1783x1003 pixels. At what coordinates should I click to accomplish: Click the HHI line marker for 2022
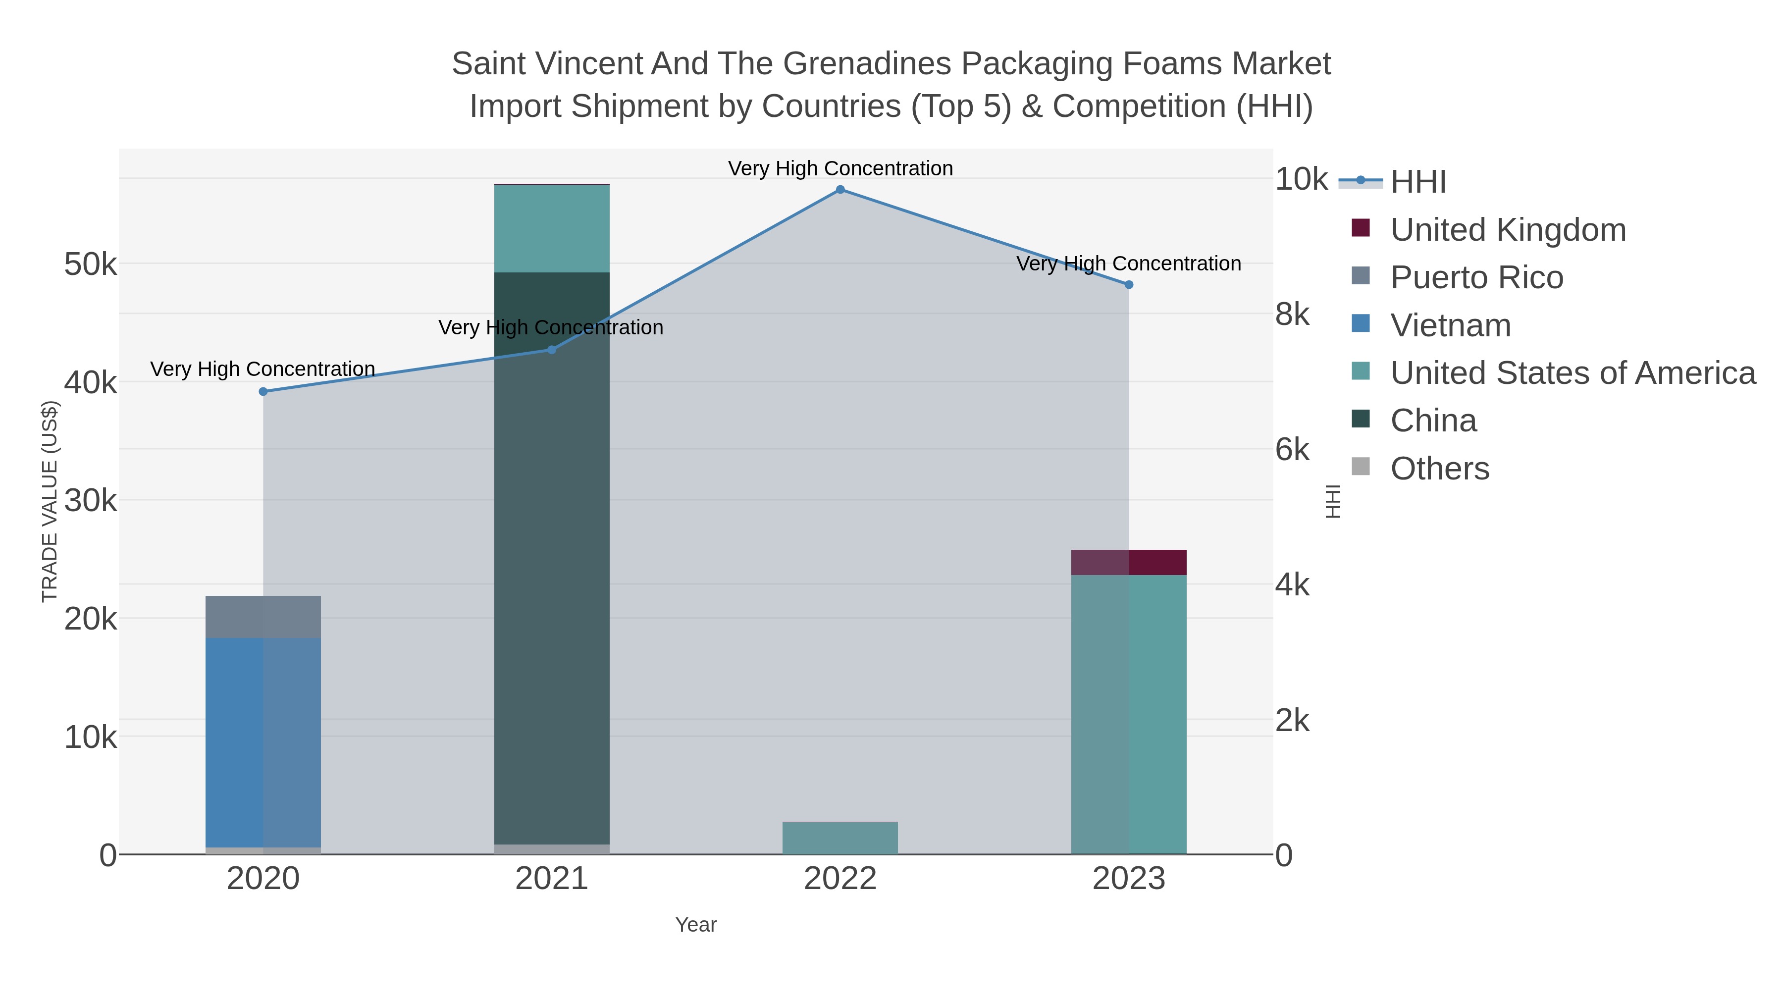pyautogui.click(x=840, y=190)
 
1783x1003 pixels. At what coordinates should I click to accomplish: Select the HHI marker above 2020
pyautogui.click(x=263, y=392)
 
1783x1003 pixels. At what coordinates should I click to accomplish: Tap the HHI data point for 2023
pyautogui.click(x=1129, y=284)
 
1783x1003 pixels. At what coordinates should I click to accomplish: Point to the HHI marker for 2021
pyautogui.click(x=552, y=350)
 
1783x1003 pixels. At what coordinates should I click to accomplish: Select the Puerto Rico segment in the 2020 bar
pyautogui.click(x=263, y=617)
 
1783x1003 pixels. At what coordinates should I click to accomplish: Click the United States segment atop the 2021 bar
pyautogui.click(x=552, y=228)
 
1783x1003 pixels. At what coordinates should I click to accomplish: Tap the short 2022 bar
pyautogui.click(x=840, y=838)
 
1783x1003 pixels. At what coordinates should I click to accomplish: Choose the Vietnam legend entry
pyautogui.click(x=1451, y=325)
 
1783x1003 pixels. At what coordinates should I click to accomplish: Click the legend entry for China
pyautogui.click(x=1433, y=421)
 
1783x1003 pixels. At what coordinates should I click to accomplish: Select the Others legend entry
pyautogui.click(x=1440, y=469)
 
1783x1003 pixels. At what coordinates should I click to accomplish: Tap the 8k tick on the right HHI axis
pyautogui.click(x=1292, y=315)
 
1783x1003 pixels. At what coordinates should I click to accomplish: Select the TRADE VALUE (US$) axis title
pyautogui.click(x=50, y=501)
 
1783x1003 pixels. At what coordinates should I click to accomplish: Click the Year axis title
pyautogui.click(x=696, y=925)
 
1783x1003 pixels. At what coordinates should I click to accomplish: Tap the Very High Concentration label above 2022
pyautogui.click(x=840, y=169)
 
